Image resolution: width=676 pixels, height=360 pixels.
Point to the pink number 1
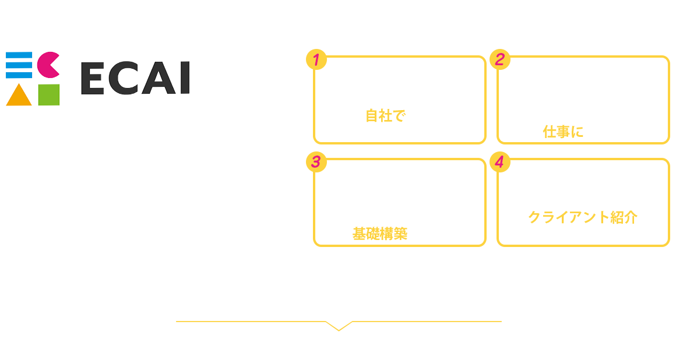pyautogui.click(x=316, y=60)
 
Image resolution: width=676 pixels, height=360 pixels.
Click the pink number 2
pyautogui.click(x=499, y=59)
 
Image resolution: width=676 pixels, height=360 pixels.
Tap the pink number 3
pyautogui.click(x=316, y=162)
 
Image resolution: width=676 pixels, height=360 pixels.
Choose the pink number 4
pyautogui.click(x=499, y=162)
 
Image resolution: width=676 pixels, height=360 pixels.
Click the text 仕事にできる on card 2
pyautogui.click(x=583, y=132)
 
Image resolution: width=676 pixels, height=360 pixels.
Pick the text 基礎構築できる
pyautogui.click(x=400, y=234)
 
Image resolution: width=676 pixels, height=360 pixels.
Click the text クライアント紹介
pyautogui.click(x=583, y=218)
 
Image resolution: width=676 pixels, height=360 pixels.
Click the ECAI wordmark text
pyautogui.click(x=135, y=80)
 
